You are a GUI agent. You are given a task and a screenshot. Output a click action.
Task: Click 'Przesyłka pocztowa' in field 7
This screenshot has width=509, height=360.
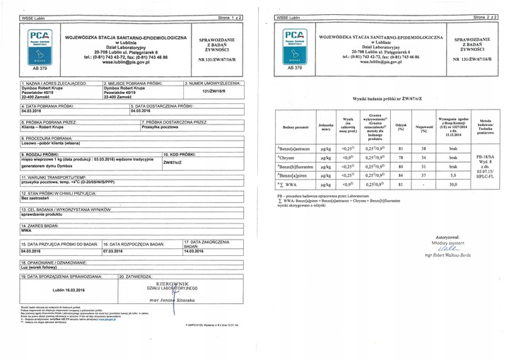click(163, 127)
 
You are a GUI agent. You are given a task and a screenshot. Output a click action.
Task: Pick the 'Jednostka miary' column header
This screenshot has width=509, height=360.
click(326, 127)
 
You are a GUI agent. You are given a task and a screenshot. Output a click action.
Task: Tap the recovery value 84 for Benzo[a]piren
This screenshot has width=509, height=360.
click(401, 174)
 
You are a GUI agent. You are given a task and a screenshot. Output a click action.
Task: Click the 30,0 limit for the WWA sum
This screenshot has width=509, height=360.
click(448, 184)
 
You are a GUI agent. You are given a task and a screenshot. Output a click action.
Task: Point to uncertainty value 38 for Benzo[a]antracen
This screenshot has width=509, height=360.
click(423, 148)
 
